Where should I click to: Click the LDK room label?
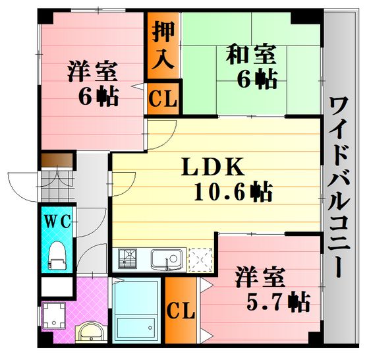213,167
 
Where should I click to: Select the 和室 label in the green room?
251,54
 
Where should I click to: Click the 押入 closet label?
163,45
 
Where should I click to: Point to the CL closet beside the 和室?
163,99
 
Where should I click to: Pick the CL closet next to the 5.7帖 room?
181,310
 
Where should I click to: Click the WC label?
57,221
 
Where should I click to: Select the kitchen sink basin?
167,260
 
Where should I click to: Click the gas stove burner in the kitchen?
128,259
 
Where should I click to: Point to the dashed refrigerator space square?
200,260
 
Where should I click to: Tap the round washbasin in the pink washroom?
91,332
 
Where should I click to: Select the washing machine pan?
54,315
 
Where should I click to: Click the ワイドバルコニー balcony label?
339,187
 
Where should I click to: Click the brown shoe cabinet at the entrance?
57,160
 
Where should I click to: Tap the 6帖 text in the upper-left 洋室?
98,97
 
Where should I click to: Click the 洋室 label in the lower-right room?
260,277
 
